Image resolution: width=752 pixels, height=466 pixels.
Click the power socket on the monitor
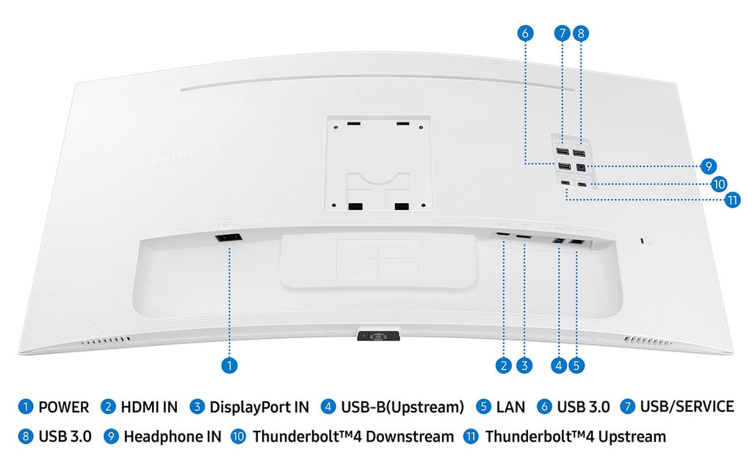228,238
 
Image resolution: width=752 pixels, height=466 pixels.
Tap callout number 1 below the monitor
229,365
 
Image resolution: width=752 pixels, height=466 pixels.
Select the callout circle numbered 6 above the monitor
525,33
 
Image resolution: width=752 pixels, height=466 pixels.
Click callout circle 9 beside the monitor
709,167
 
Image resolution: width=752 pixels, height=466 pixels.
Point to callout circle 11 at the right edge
732,200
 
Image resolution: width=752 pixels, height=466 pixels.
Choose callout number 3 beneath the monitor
524,365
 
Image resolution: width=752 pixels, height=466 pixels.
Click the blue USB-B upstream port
558,241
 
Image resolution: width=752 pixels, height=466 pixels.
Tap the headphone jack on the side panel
581,167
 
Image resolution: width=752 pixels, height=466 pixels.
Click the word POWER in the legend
64,407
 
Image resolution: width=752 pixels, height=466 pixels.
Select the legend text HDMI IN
149,407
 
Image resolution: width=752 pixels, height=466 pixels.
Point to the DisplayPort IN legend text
259,407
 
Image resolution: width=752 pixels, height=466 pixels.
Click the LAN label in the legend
511,407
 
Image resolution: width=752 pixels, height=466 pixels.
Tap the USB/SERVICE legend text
687,407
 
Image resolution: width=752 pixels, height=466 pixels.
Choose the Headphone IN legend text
173,437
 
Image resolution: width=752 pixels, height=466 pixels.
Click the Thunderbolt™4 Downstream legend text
353,437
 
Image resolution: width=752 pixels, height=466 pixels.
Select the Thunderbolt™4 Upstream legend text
576,437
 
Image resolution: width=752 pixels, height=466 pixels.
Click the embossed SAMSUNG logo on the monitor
173,158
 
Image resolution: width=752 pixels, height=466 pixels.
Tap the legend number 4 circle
328,407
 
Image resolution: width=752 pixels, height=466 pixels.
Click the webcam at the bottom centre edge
378,335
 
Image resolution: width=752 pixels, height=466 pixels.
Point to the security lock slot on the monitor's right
643,240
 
